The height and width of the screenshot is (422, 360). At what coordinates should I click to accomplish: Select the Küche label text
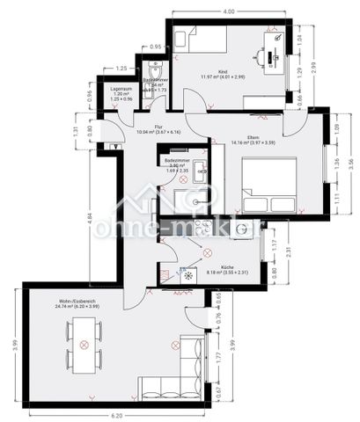click(x=227, y=266)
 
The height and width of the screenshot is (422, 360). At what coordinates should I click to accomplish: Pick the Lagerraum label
click(x=121, y=89)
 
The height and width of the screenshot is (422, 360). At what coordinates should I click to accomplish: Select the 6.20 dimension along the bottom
click(x=117, y=414)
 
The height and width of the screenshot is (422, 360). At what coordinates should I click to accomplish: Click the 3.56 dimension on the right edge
click(x=350, y=163)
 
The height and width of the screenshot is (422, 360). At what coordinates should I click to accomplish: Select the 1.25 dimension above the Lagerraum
click(x=121, y=68)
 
